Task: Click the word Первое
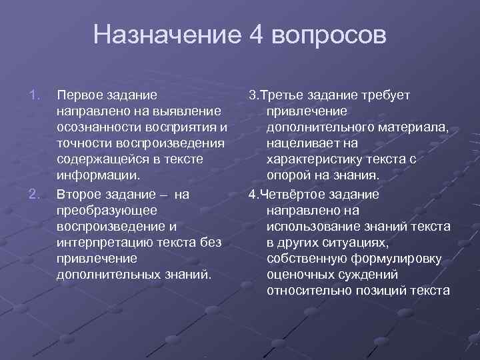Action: [x=81, y=95]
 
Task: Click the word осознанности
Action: [x=99, y=127]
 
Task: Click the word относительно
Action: [x=307, y=291]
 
